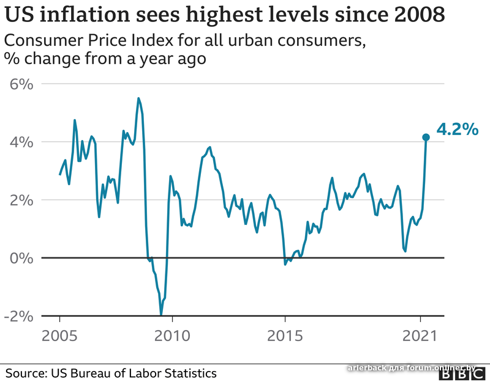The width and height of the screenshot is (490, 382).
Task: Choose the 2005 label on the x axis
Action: (x=59, y=337)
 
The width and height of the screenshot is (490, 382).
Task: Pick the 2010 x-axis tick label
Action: (x=172, y=337)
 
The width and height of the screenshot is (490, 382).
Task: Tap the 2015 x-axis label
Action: (x=285, y=337)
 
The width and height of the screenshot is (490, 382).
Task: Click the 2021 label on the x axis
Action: (x=420, y=337)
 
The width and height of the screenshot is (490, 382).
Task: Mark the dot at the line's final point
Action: (x=426, y=138)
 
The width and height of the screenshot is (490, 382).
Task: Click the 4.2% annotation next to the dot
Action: (x=456, y=130)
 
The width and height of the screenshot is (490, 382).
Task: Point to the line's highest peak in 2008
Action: (x=138, y=98)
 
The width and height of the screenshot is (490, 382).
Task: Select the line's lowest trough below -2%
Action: (x=161, y=315)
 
